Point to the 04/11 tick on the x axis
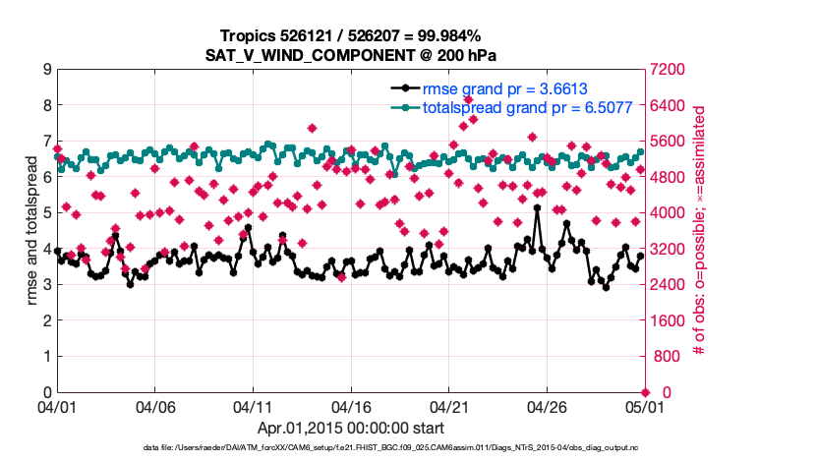(x=253, y=406)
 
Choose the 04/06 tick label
(x=155, y=406)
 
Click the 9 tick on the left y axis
(x=46, y=70)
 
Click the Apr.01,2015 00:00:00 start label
(x=351, y=428)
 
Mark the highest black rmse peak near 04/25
(x=537, y=208)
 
